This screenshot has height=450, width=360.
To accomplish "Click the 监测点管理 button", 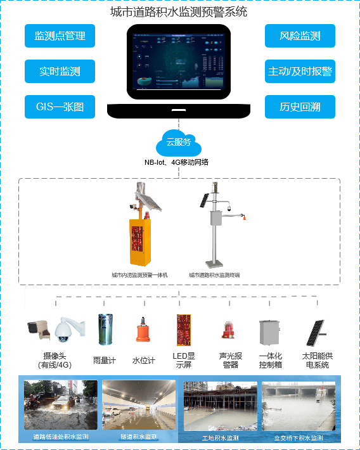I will point(60,36).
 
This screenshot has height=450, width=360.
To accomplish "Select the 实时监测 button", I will point(60,72).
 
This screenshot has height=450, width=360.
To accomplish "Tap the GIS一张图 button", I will point(60,107).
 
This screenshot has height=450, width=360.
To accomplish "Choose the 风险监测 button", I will point(300,36).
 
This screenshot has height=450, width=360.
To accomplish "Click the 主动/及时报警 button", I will point(300,72).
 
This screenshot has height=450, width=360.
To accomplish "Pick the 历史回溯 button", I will point(300,107).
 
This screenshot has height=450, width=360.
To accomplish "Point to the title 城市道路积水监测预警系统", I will point(179,11).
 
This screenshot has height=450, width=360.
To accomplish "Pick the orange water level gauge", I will point(143,331).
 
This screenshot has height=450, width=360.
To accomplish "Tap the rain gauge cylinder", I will point(104,330).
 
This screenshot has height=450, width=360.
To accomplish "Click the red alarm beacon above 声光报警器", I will point(227,331).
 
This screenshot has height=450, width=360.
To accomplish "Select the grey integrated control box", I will point(269,331).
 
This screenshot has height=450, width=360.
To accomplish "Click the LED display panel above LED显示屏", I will point(184,330).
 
